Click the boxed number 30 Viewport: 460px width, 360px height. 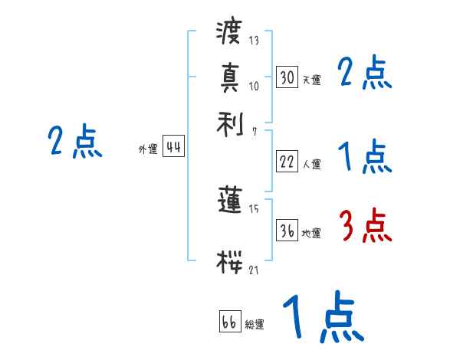click(x=287, y=77)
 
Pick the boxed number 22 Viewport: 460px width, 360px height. click(x=287, y=162)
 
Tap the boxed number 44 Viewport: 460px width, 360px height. click(x=173, y=148)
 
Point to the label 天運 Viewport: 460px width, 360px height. click(x=311, y=80)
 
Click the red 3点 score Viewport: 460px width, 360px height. click(x=365, y=226)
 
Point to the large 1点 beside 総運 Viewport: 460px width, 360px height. click(x=323, y=318)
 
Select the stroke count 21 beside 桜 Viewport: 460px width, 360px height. click(x=254, y=270)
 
